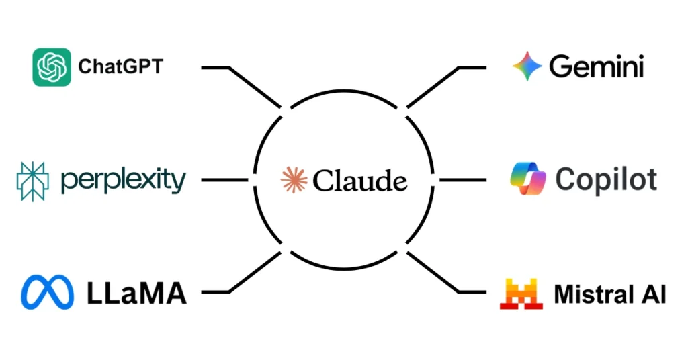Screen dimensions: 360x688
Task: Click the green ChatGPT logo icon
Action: (x=52, y=67)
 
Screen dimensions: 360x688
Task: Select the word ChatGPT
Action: (x=121, y=67)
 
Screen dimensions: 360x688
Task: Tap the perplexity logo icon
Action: (x=33, y=181)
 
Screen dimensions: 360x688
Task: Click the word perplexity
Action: (x=122, y=181)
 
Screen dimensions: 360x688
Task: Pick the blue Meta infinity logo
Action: (x=47, y=293)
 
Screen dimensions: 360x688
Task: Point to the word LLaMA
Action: (x=136, y=293)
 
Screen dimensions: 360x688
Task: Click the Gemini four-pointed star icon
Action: (x=527, y=66)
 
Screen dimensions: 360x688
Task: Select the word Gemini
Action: (x=597, y=66)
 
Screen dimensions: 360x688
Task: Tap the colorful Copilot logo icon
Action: (x=528, y=179)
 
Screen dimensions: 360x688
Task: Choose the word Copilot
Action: (x=607, y=180)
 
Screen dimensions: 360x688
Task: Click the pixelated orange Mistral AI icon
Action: (x=521, y=294)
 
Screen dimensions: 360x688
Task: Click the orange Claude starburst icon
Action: (x=294, y=180)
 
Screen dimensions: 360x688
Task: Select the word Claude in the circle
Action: (x=359, y=181)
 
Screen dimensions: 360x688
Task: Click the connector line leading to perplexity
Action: (x=224, y=180)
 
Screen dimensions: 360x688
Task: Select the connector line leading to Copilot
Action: (x=463, y=180)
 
